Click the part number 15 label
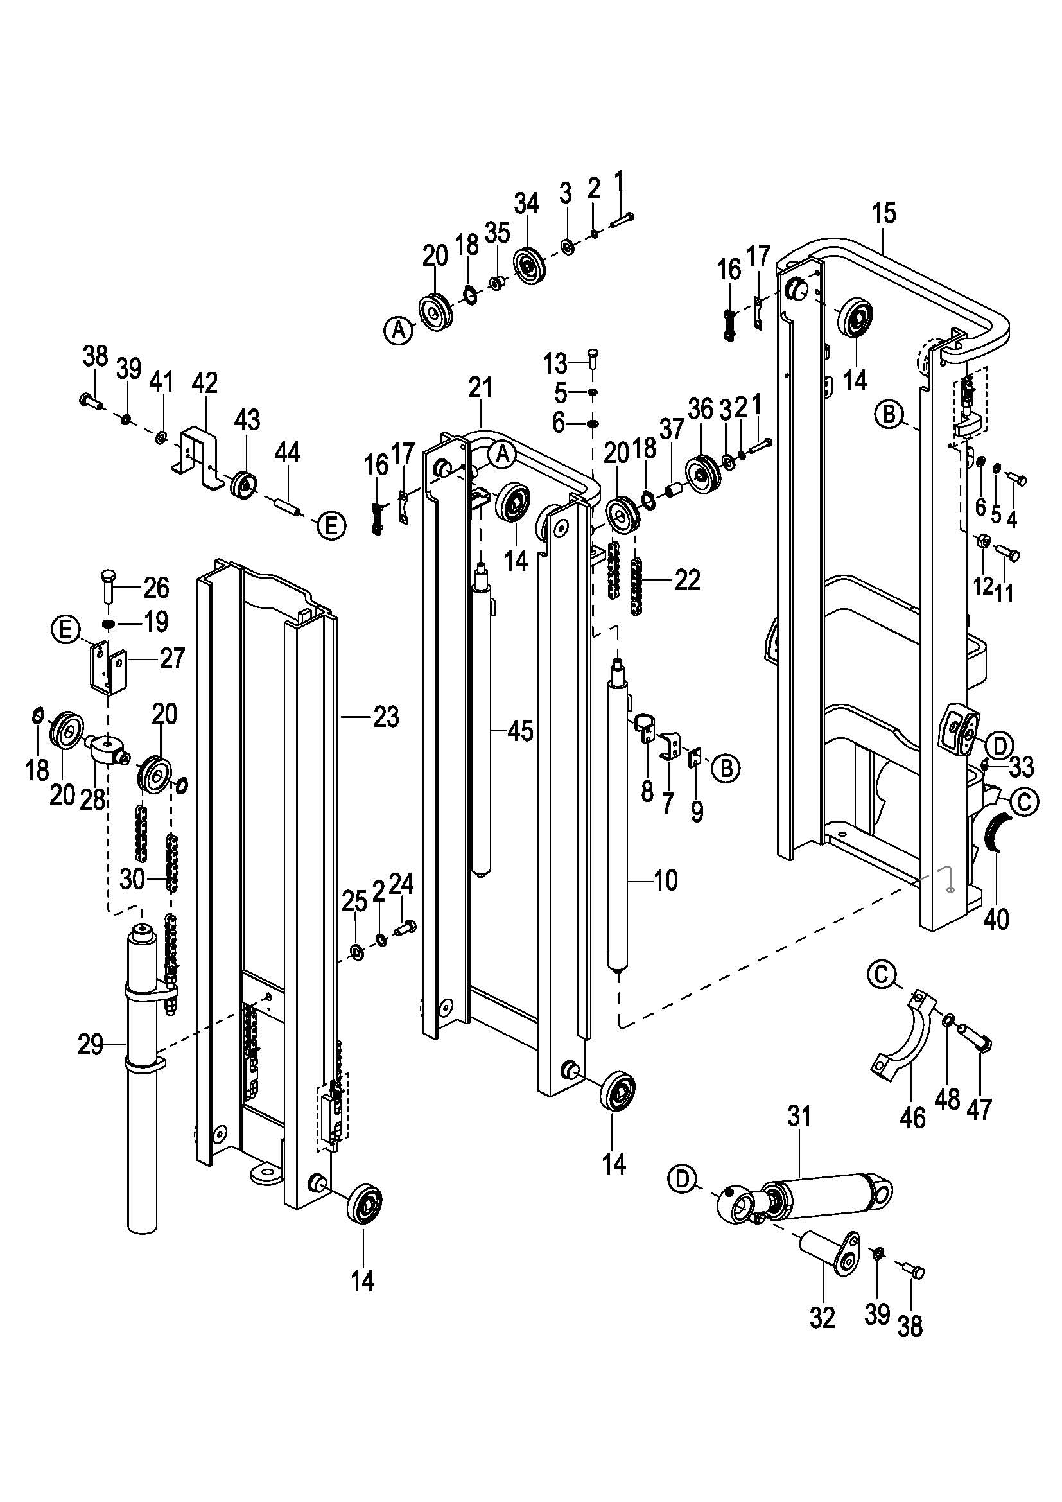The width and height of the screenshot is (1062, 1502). click(884, 214)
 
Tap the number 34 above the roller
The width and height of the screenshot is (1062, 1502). click(526, 204)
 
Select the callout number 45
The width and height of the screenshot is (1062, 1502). click(521, 731)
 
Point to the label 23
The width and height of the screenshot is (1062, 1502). click(386, 717)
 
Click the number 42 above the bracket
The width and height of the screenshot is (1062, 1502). click(205, 383)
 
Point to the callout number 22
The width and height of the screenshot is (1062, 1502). click(687, 580)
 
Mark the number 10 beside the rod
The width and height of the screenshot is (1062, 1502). click(666, 880)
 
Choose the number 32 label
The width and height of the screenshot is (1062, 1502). click(823, 1318)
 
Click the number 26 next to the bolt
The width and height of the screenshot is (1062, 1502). click(156, 588)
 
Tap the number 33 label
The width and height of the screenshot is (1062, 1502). click(1022, 766)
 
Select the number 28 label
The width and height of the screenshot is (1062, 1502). click(93, 799)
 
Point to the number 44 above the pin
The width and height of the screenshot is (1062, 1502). click(287, 452)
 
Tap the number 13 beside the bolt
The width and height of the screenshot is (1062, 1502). click(556, 362)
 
